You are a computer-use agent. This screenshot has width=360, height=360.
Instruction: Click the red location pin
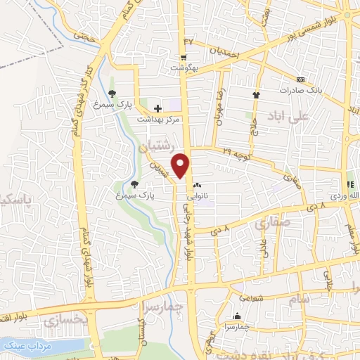(182, 166)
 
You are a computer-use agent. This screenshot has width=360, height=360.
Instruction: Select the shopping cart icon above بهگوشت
(184, 58)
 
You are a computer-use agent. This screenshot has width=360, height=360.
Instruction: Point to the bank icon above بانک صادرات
(301, 79)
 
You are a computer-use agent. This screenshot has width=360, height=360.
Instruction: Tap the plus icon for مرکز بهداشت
(157, 108)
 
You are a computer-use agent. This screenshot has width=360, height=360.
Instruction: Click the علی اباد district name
(289, 116)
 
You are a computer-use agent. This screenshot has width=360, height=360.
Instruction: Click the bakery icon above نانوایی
(196, 186)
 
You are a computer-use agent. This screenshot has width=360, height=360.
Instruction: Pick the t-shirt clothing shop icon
(256, 94)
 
